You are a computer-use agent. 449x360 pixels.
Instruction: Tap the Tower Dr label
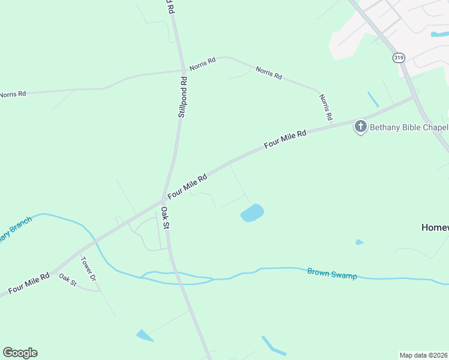pos(88,270)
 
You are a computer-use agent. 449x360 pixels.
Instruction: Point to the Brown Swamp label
pos(332,273)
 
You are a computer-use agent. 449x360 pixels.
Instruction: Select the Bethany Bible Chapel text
pos(408,127)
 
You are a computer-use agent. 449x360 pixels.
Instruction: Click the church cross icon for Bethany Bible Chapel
pos(360,127)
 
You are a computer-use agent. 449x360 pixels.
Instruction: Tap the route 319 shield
pos(399,58)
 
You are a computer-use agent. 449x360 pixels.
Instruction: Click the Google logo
pos(20,352)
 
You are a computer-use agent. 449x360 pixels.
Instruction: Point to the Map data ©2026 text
pos(423,355)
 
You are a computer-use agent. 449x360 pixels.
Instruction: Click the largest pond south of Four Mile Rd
pos(252,212)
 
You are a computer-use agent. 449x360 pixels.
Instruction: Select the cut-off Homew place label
pos(434,227)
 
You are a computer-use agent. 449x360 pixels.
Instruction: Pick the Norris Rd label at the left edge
pos(13,94)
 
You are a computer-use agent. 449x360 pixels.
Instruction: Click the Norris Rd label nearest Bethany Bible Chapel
pos(325,108)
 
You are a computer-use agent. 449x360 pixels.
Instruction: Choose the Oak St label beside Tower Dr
pos(67,279)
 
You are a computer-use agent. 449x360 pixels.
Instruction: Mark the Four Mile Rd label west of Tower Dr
pos(28,284)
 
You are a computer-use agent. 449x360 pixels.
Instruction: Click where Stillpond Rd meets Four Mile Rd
pos(164,198)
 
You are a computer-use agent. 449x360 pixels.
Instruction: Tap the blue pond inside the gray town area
pos(438,34)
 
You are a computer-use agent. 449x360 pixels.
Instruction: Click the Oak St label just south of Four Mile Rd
pos(166,217)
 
